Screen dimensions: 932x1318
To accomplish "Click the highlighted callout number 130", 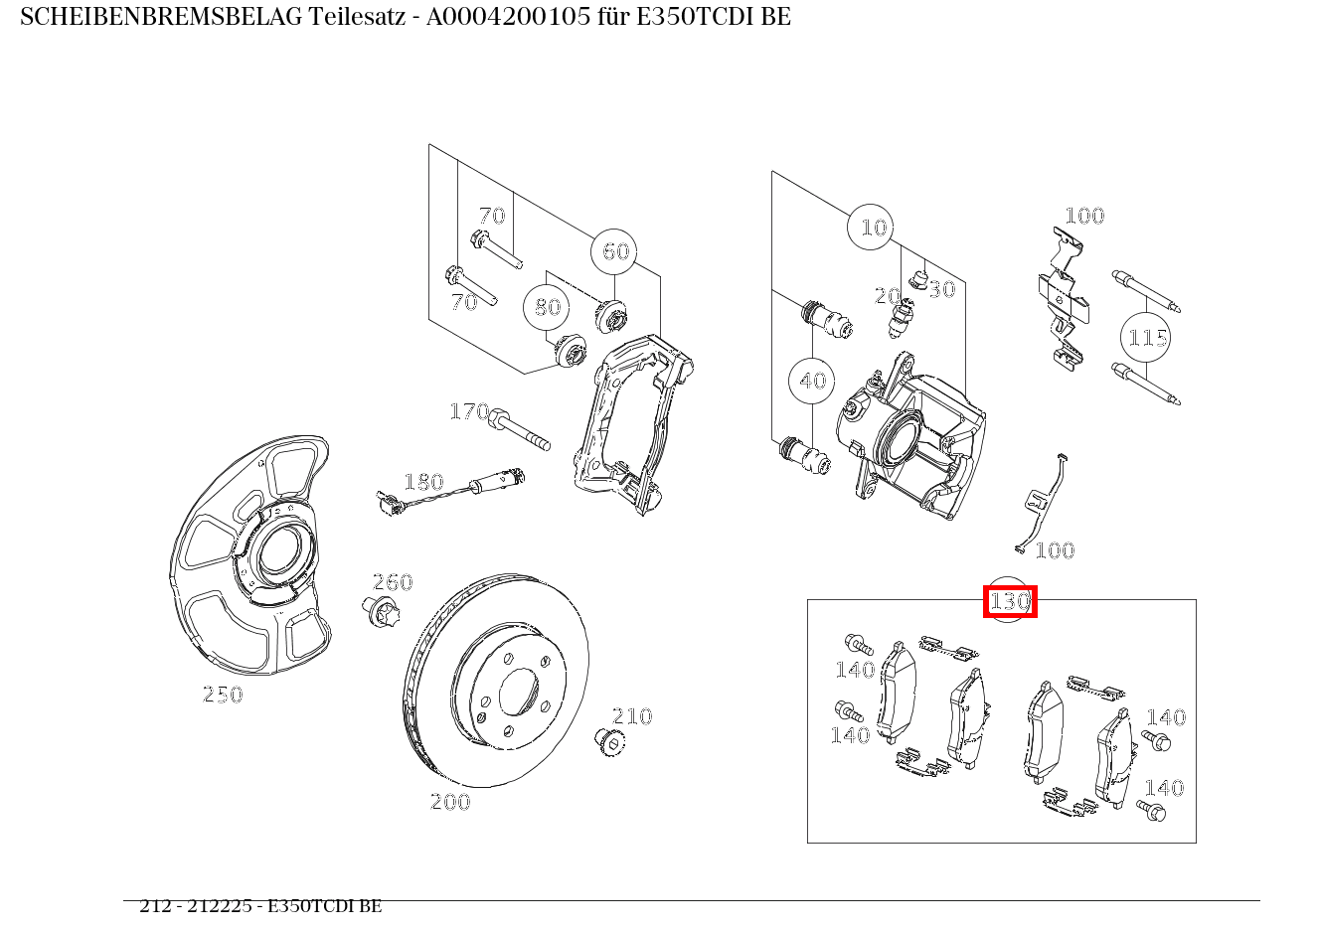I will tap(1009, 602).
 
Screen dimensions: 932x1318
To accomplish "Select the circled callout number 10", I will tap(872, 228).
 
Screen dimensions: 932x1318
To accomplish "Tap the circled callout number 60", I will tap(615, 251).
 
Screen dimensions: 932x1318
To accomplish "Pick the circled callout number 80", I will tap(548, 307).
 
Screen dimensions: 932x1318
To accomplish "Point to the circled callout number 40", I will tap(812, 381).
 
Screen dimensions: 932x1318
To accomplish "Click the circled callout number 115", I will tap(1147, 338).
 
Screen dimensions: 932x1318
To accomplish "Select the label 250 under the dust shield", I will tap(223, 696).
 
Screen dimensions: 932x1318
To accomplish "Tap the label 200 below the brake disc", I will tap(450, 802).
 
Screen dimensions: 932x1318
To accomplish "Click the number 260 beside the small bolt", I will tap(393, 582).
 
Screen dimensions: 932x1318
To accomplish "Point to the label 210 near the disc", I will tap(632, 716).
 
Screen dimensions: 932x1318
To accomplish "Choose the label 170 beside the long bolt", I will tap(469, 411).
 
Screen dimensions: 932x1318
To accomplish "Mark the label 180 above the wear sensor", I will tap(423, 483).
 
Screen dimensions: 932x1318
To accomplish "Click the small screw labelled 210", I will tap(606, 740).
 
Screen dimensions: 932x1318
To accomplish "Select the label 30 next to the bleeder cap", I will tap(941, 289).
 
